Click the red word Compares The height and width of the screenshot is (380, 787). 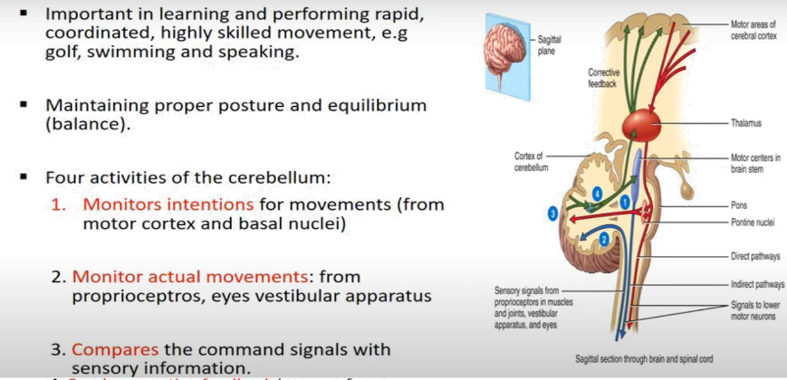[113, 348]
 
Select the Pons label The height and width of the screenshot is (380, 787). [740, 205]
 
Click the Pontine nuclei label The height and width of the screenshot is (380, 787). [753, 222]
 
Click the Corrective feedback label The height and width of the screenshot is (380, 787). [603, 77]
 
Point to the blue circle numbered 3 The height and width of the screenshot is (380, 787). [552, 213]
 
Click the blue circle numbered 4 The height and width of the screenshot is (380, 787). [596, 194]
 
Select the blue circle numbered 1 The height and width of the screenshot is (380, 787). [624, 204]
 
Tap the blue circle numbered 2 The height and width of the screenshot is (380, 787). [603, 239]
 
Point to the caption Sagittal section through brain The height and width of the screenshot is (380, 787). [644, 359]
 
